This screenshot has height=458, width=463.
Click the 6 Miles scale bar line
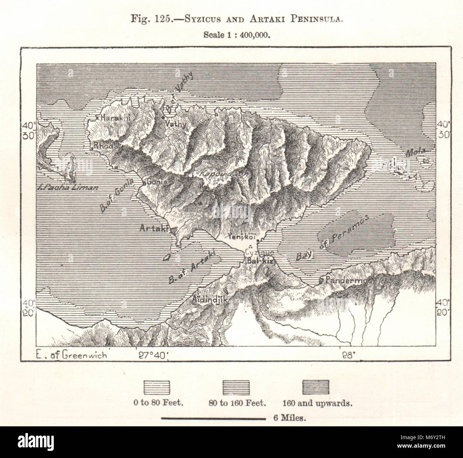pos(213,418)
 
